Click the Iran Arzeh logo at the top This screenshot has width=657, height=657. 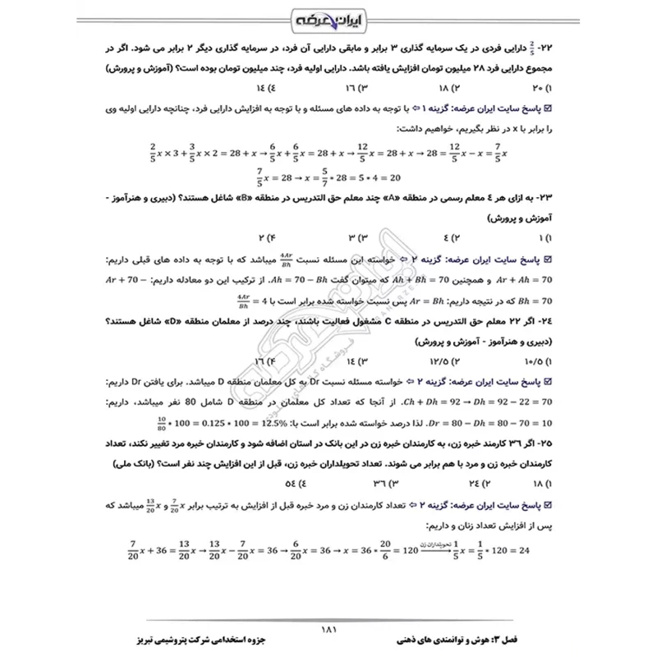[328, 17]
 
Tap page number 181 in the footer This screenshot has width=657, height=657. [328, 630]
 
